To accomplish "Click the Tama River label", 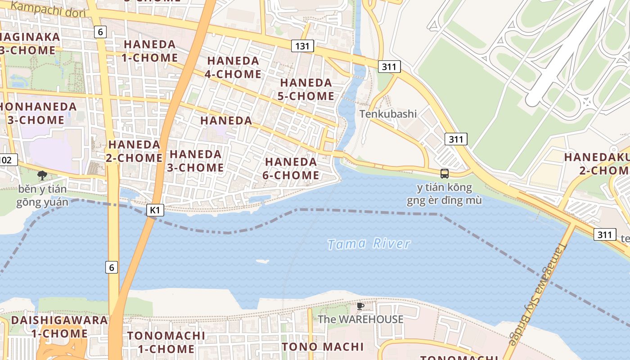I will point(369,244).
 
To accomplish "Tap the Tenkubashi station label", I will point(388,114).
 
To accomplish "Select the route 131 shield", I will point(302,46).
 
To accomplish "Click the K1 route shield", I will point(155,210).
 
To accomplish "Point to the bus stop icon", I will point(444,174).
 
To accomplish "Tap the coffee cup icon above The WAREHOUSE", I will point(360,306).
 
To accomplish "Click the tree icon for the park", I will point(42,175).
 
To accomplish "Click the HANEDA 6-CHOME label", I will point(291,168).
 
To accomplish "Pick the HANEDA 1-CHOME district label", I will point(150,51).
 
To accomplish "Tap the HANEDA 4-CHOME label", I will point(233,67).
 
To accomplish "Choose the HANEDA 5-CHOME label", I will point(306,89).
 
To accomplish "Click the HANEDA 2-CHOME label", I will point(134,151).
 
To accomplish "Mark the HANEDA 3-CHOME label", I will point(196,161).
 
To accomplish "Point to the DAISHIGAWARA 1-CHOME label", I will point(59,327).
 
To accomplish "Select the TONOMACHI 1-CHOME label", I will point(166,342).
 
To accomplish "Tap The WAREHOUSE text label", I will point(360,319).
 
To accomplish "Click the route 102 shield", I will point(8,160).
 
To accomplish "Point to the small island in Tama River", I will point(262,261).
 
